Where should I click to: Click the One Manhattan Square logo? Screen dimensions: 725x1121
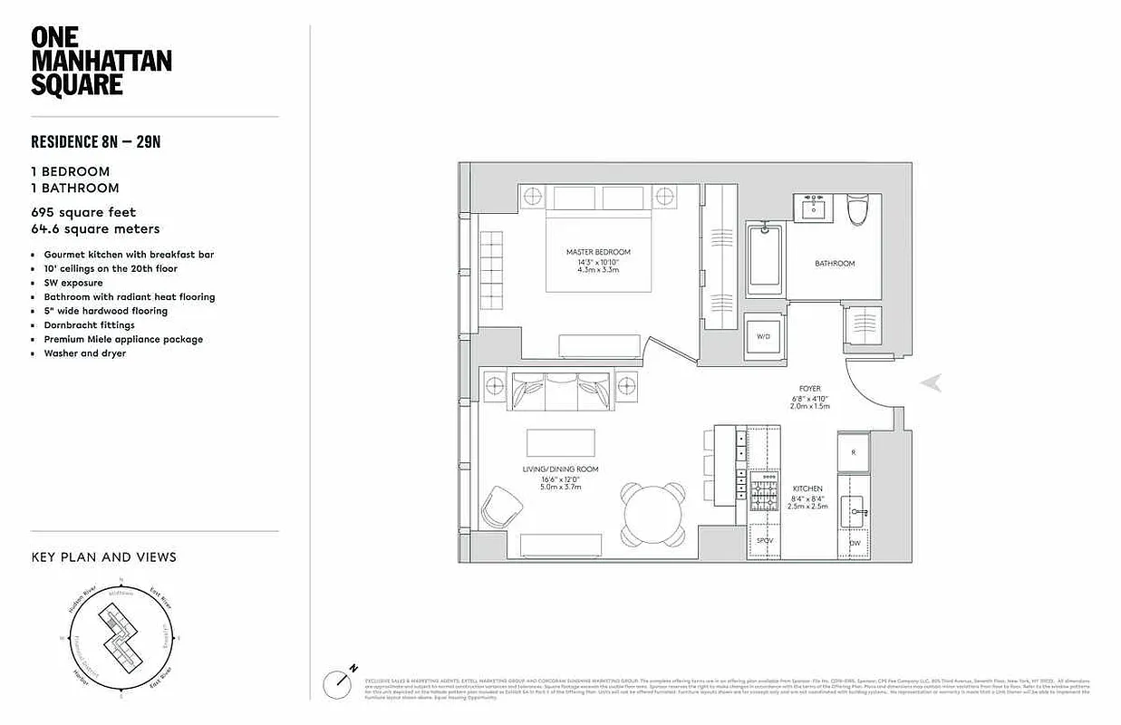pos(101,62)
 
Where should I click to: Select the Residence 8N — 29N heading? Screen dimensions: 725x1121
pos(96,141)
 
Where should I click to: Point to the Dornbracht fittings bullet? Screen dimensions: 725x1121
pos(89,324)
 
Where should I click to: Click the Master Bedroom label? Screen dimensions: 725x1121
pos(597,252)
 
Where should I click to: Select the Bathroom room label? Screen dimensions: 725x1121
pos(834,264)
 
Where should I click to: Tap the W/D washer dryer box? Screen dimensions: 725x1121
pos(762,337)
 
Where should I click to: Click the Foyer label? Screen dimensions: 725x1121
pos(809,389)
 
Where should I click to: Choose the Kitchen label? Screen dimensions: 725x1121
pos(808,488)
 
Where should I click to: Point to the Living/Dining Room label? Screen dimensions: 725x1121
pos(560,469)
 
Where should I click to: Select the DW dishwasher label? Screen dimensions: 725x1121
pos(855,543)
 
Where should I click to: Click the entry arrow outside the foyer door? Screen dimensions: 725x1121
pos(931,383)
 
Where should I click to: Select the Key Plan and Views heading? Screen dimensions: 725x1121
pos(103,556)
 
